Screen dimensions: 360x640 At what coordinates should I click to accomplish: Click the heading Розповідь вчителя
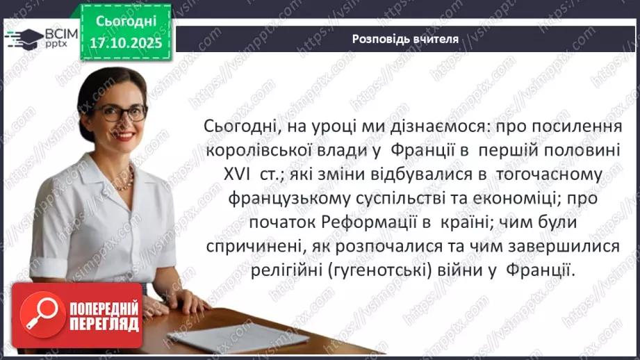[405, 39]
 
